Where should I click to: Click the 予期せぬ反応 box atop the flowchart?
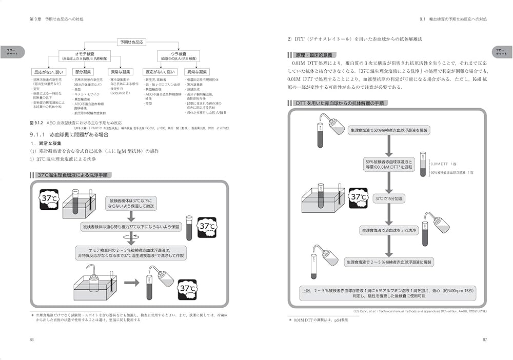[132, 41]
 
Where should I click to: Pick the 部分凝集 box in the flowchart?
[82, 72]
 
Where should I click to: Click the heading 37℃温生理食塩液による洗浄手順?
[73, 175]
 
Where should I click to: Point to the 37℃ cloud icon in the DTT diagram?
[358, 196]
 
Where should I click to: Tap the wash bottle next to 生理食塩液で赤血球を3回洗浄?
[441, 225]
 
